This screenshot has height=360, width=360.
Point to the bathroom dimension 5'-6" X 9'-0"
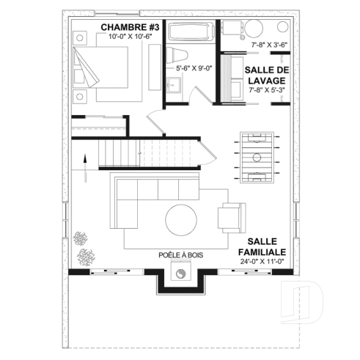tap(193, 69)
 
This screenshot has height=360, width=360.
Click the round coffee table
tap(180, 221)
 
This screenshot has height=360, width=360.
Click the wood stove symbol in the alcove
tap(180, 276)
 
